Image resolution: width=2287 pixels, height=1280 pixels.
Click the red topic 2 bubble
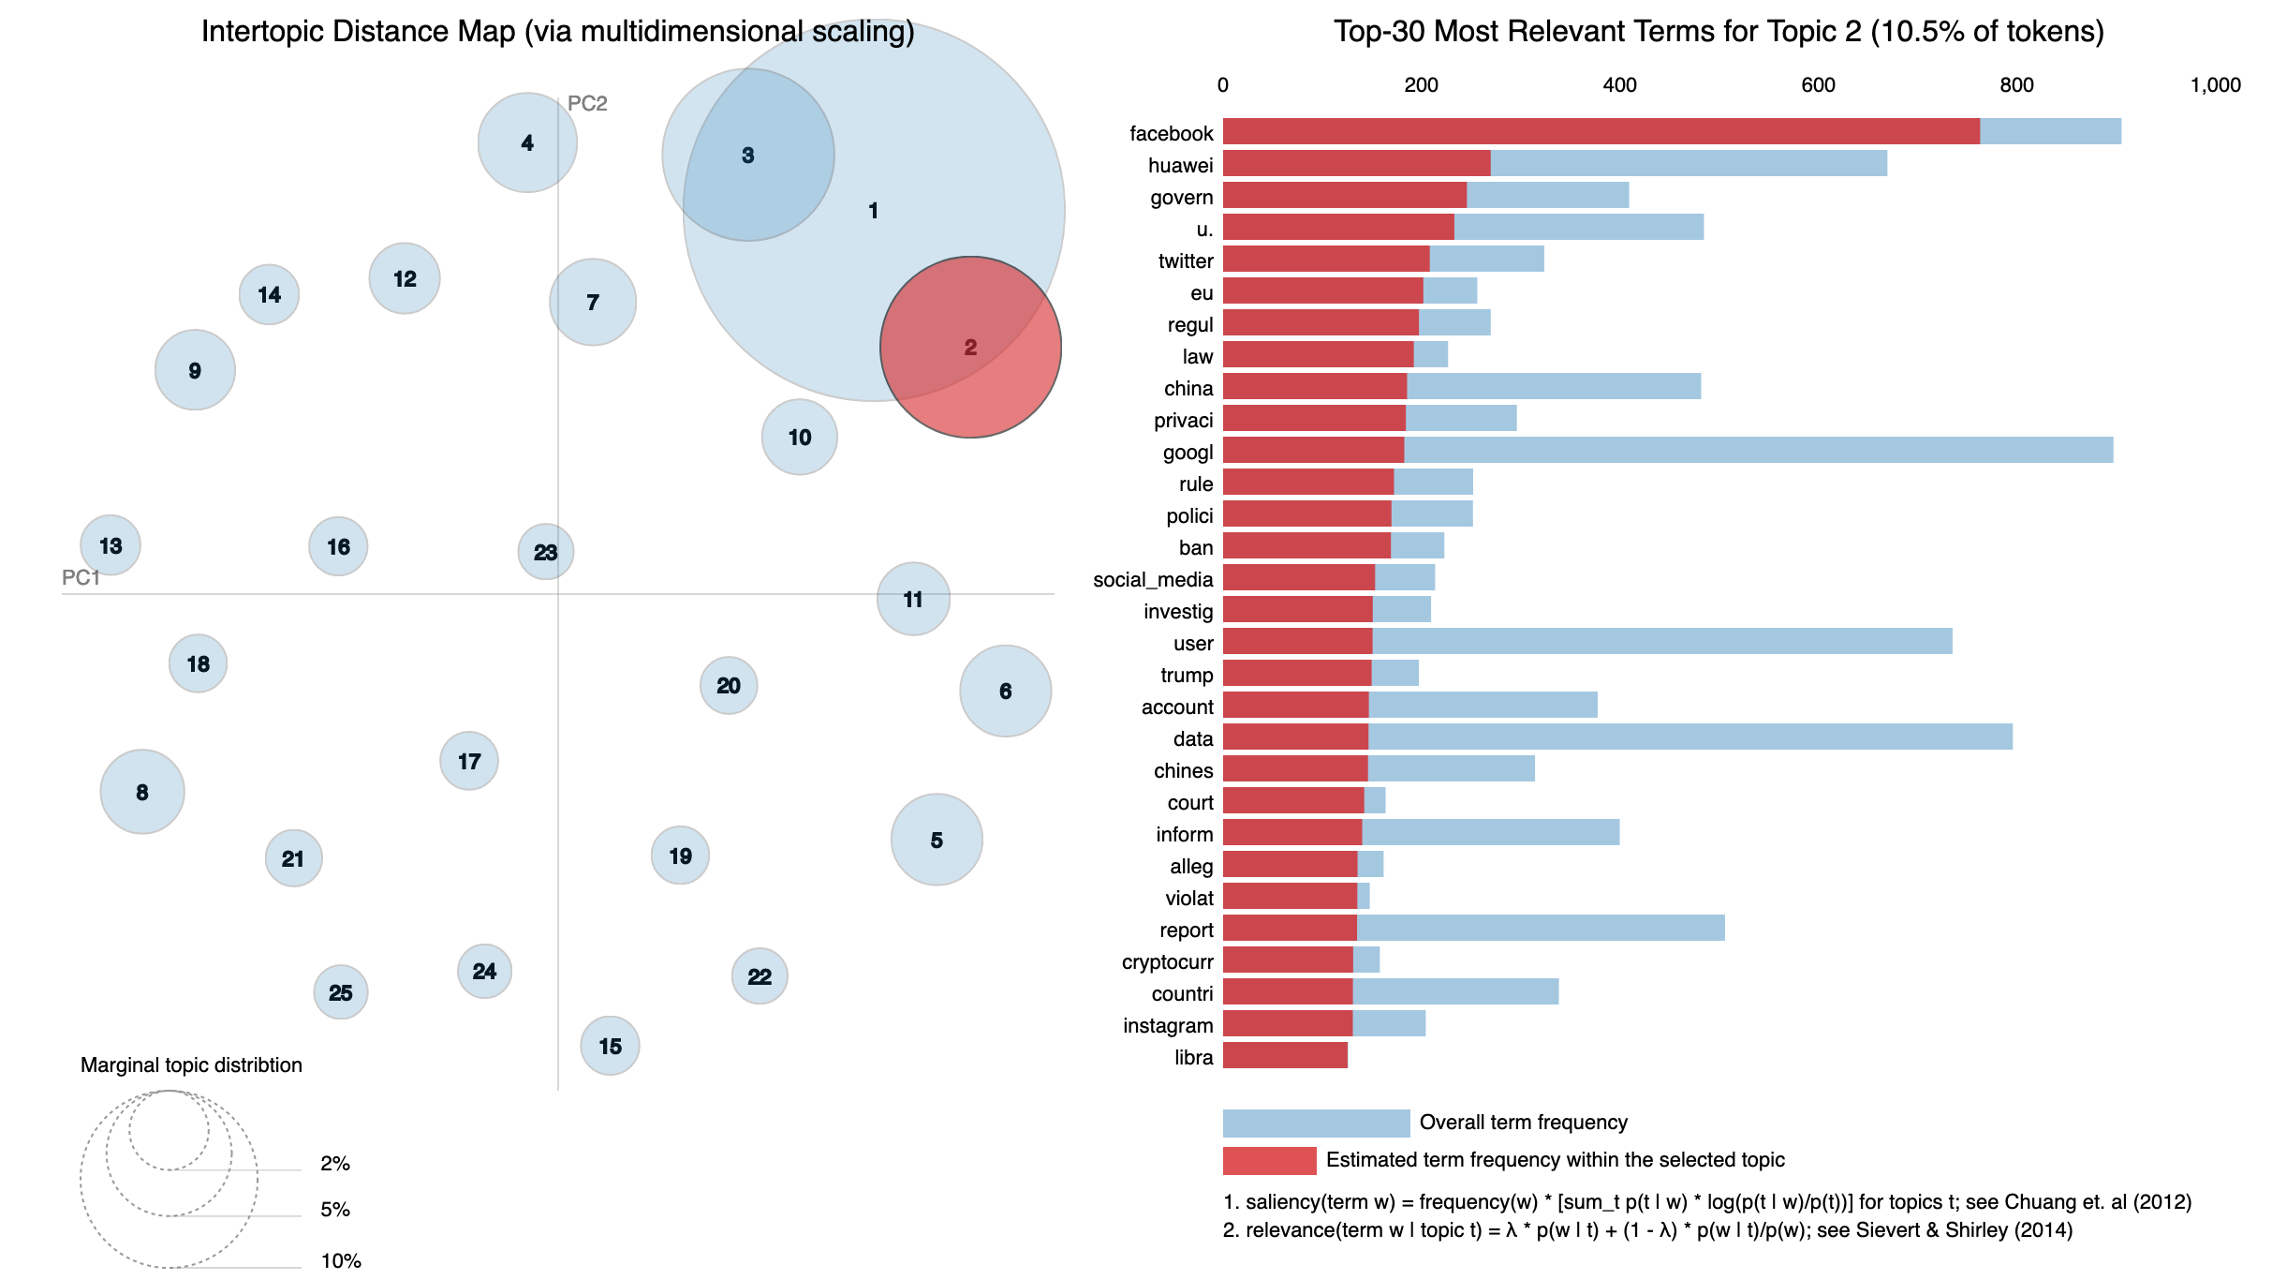point(970,348)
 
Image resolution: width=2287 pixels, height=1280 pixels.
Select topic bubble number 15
point(610,1046)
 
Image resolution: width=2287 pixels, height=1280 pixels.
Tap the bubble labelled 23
point(546,552)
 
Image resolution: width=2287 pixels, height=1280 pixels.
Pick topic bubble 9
point(195,370)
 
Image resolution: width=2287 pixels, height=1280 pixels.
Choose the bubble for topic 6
point(1005,691)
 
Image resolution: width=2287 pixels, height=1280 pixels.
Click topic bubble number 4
point(527,142)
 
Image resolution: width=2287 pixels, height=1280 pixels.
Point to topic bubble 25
point(341,992)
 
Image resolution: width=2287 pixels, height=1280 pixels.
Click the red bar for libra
point(1285,1055)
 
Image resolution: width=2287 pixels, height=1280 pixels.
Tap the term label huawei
point(1180,166)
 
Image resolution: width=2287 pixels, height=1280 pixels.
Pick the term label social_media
point(1153,580)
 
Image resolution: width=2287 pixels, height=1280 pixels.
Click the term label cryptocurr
point(1167,962)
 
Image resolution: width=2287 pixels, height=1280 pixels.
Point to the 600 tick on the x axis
point(1818,85)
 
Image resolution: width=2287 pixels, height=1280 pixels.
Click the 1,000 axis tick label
point(2215,85)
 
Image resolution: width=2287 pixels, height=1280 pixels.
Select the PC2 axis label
point(587,103)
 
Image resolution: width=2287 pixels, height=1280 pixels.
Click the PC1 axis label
point(81,577)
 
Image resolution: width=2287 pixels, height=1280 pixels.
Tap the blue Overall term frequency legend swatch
point(1316,1123)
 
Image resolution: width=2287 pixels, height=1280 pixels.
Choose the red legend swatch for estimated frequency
point(1269,1160)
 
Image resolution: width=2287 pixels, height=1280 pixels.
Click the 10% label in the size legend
point(341,1261)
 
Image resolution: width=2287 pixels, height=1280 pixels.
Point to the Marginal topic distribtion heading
point(191,1065)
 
